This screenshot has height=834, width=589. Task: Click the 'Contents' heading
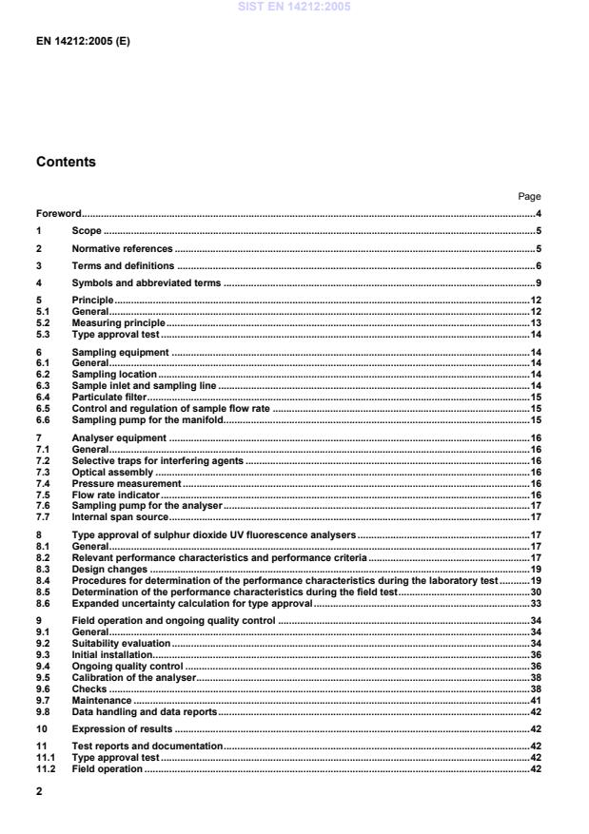[66, 162]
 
